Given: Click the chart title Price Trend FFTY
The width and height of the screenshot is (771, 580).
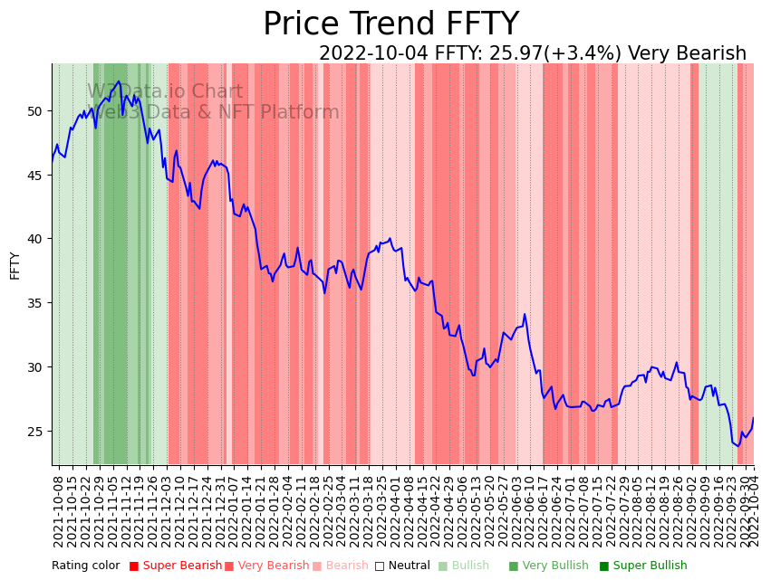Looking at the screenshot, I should click(x=390, y=24).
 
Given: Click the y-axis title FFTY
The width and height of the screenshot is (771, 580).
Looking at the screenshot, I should click(x=14, y=265).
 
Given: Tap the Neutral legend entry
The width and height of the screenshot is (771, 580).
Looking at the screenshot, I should click(x=403, y=566).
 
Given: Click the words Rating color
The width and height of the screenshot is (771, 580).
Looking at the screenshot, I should click(x=86, y=566).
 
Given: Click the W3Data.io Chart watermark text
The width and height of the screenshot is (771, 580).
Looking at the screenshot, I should click(x=165, y=92).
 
